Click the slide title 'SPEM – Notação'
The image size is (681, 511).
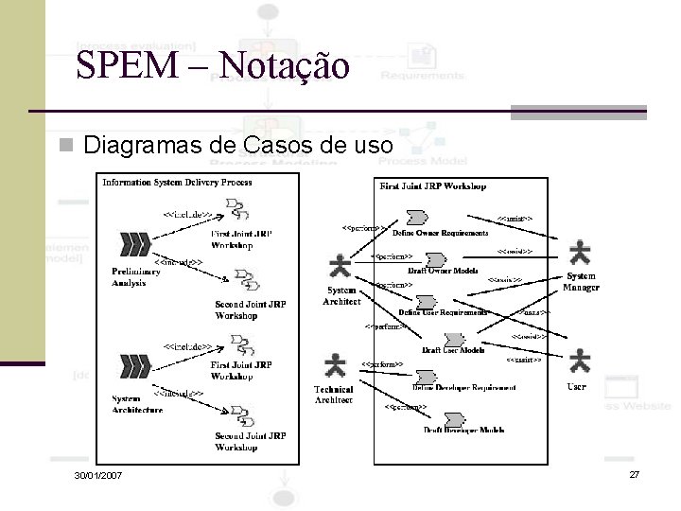click(x=213, y=65)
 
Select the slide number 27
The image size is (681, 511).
click(x=635, y=473)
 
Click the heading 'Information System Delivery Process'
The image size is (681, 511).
click(x=177, y=182)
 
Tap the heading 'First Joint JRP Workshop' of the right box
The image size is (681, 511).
click(x=433, y=186)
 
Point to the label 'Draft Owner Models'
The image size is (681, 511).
click(x=443, y=272)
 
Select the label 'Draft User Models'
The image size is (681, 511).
click(x=453, y=350)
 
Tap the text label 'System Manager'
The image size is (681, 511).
click(x=581, y=282)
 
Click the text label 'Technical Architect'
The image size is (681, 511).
click(x=334, y=395)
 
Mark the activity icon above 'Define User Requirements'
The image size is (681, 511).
click(x=428, y=303)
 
